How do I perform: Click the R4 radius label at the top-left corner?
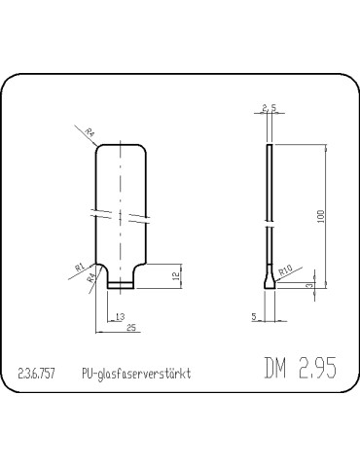[x=89, y=133]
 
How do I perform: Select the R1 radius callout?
[x=79, y=264]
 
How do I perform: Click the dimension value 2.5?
[x=270, y=108]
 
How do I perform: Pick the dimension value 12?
[x=176, y=275]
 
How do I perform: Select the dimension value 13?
[x=120, y=317]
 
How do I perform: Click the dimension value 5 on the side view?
[x=255, y=316]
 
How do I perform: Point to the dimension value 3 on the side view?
[x=308, y=285]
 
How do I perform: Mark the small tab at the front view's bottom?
[x=120, y=284]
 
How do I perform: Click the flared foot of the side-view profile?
[x=270, y=284]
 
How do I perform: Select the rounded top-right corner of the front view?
[x=142, y=149]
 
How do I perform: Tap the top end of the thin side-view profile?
[x=270, y=146]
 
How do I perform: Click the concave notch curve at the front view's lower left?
[x=99, y=270]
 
